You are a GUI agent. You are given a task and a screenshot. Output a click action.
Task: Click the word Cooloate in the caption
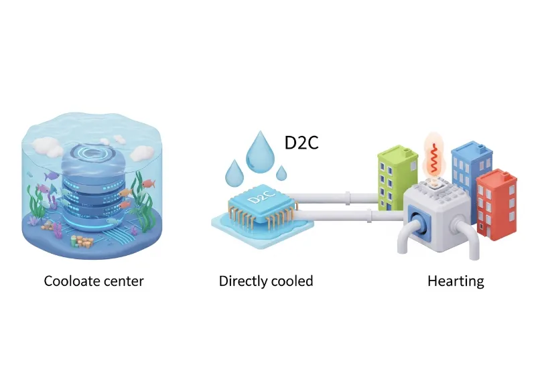[x=70, y=281]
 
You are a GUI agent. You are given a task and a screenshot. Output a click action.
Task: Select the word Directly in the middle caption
[x=242, y=281]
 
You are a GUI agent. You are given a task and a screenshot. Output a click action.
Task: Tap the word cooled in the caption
[x=291, y=281]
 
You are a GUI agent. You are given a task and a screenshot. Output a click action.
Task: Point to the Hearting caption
[x=456, y=281]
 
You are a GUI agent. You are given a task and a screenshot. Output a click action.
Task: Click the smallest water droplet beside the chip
[x=282, y=173]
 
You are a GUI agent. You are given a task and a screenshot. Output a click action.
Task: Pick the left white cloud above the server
[x=47, y=145]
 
